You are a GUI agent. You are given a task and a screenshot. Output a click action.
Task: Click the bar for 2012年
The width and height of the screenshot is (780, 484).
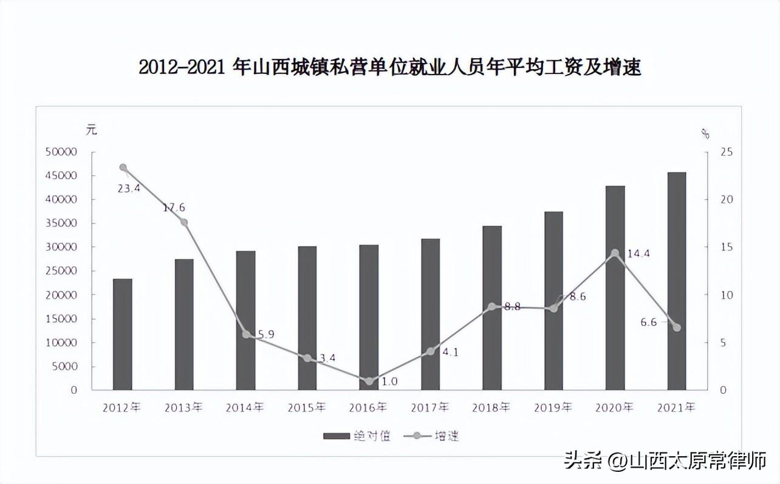point(123,334)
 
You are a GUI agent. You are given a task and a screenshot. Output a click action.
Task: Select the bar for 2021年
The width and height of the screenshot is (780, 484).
point(677,281)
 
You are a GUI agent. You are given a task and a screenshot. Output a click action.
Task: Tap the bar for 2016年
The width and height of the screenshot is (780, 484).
point(369,317)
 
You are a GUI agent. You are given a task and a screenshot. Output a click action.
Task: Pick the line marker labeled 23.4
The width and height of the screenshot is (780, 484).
point(123,167)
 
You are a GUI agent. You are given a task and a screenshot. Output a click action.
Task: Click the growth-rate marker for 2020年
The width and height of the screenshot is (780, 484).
point(615,253)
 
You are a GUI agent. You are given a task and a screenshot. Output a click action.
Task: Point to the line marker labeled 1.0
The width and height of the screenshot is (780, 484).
point(370,381)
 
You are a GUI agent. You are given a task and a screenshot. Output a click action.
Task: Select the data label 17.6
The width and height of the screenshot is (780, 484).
point(174,207)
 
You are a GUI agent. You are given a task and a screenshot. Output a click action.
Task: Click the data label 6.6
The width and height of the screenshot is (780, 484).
point(649,322)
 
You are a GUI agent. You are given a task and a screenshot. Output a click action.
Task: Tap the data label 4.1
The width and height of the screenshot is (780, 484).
point(451,352)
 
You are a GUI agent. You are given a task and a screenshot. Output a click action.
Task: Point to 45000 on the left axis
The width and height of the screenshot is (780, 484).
point(61,175)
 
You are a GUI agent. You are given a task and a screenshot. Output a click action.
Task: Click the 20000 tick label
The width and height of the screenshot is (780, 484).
point(61,295)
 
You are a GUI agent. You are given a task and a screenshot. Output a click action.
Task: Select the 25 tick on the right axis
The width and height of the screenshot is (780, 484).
point(727,152)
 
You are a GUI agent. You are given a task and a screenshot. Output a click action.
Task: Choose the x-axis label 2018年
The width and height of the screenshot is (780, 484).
point(491,408)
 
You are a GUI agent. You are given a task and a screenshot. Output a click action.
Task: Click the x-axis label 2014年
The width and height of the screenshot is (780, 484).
point(245,408)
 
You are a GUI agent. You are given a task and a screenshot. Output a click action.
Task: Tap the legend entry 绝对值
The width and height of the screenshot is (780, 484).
point(357,435)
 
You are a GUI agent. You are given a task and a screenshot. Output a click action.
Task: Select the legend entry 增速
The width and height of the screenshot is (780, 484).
point(431,435)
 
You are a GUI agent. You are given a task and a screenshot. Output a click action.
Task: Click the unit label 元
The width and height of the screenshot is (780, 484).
point(92,130)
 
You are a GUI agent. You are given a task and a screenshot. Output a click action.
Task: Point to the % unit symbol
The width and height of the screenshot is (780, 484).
point(705,134)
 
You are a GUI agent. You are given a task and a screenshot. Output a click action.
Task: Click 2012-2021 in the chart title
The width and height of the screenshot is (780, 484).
point(182,67)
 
